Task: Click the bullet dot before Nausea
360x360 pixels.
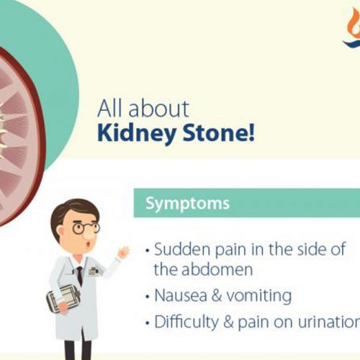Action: coord(148,296)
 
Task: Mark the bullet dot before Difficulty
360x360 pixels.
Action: coord(148,322)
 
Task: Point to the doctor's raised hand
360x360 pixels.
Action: coord(123,253)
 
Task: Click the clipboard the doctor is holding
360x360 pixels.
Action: coord(63,295)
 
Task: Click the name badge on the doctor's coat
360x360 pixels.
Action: coord(94,271)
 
